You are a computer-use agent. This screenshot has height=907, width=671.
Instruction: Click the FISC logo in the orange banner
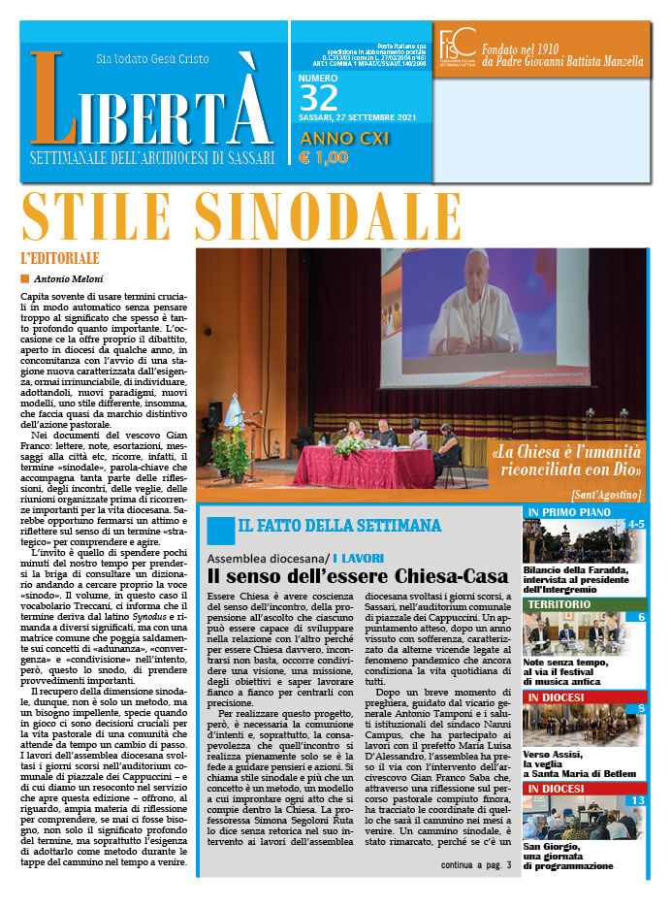(458, 47)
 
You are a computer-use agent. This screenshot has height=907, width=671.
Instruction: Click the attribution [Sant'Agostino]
(606, 495)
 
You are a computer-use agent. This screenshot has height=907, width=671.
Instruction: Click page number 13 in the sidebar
(636, 799)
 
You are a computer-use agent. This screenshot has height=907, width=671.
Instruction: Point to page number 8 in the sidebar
(641, 708)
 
